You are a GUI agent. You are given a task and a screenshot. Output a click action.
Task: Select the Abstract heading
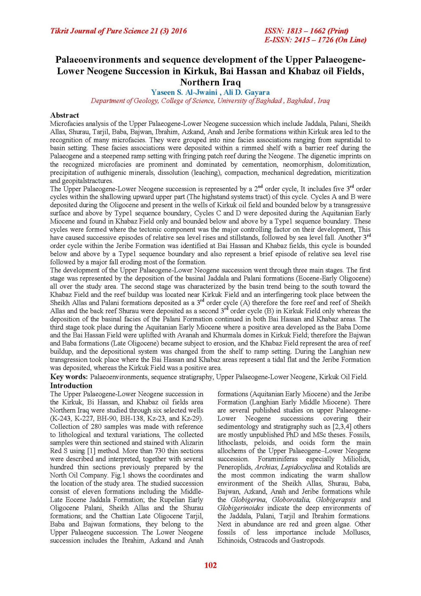pos(64,115)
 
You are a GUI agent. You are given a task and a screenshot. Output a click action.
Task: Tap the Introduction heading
pos(71,386)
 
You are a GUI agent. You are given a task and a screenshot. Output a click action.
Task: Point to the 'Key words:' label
pos(69,377)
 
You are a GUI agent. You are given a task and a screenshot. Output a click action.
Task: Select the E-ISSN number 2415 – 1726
pos(314,40)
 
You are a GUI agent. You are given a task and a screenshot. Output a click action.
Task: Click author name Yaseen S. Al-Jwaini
pos(184,92)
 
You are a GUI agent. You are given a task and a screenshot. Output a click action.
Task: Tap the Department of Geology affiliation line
pos(210,101)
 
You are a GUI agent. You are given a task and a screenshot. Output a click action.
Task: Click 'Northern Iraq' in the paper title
pos(210,82)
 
